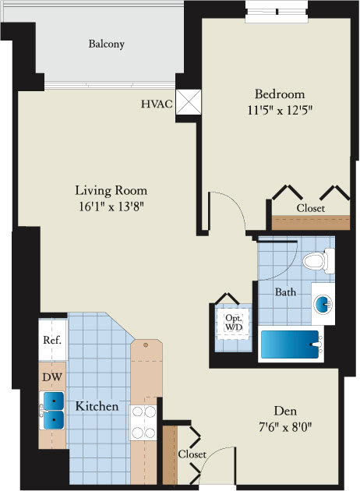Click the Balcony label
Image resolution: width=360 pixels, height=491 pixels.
coord(107,44)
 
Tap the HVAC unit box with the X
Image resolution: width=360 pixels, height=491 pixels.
coord(189,102)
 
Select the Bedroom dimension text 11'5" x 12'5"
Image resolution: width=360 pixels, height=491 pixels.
coord(281,110)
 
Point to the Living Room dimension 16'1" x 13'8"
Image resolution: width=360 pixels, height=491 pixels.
coord(111,207)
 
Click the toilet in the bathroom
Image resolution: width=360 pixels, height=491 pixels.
coord(319,261)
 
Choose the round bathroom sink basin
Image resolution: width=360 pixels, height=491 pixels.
coord(323,304)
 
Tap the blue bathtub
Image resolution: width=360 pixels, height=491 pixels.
coord(290,344)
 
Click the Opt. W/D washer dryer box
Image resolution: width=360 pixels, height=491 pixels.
coord(234,323)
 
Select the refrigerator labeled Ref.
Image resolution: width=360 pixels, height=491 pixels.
coord(52,340)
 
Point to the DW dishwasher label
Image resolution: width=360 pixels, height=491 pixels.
coord(52,377)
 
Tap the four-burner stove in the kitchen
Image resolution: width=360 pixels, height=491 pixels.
coord(143,422)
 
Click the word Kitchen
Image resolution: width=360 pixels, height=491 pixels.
coord(97,406)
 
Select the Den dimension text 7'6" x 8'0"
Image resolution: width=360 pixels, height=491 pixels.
coord(285,427)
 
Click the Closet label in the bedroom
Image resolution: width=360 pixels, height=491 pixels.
coord(311,208)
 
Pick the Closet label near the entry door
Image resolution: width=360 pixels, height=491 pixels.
coord(192,454)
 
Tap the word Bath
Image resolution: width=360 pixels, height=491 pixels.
coord(285,292)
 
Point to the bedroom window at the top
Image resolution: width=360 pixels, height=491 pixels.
coord(277,12)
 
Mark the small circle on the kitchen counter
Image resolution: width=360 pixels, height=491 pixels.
coord(146,345)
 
